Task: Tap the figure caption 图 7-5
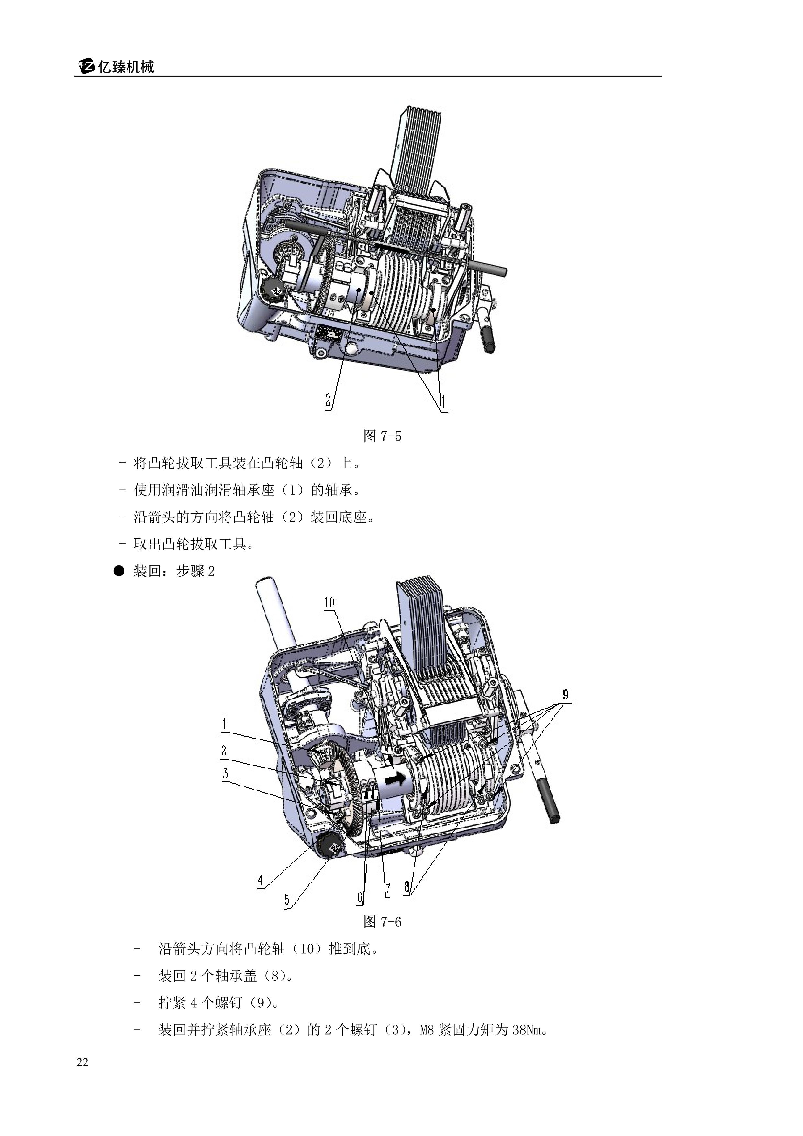click(382, 436)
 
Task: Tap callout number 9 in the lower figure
click(566, 695)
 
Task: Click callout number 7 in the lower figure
click(388, 890)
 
